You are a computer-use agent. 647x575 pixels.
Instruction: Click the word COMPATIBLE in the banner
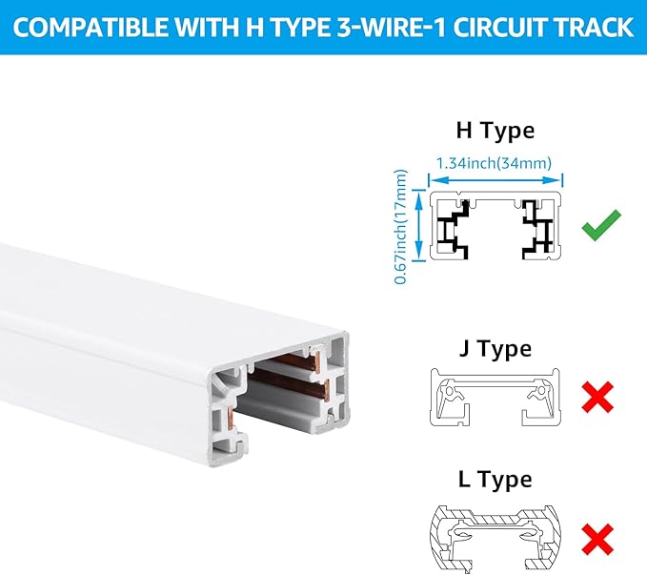pyautogui.click(x=91, y=28)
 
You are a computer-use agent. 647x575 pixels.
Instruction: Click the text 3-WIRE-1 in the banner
pyautogui.click(x=392, y=28)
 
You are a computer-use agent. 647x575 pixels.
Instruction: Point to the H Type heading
pyautogui.click(x=495, y=131)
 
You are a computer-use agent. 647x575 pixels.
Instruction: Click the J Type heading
pyautogui.click(x=495, y=349)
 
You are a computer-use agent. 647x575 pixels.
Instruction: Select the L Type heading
pyautogui.click(x=495, y=480)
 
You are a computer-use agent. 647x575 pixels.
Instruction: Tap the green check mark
pyautogui.click(x=601, y=224)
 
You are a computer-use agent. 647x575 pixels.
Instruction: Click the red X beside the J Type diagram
pyautogui.click(x=597, y=397)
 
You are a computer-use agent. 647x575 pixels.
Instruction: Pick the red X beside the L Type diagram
pyautogui.click(x=597, y=540)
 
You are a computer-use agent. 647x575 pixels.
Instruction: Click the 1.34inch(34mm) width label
pyautogui.click(x=494, y=163)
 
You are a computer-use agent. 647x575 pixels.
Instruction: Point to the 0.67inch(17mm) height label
pyautogui.click(x=400, y=227)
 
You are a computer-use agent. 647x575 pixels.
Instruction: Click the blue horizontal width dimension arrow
pyautogui.click(x=495, y=180)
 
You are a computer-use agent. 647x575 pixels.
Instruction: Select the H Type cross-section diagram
pyautogui.click(x=495, y=226)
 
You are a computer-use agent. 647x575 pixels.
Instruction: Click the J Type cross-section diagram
pyautogui.click(x=495, y=397)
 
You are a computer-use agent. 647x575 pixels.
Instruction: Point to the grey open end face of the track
pyautogui.click(x=278, y=399)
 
